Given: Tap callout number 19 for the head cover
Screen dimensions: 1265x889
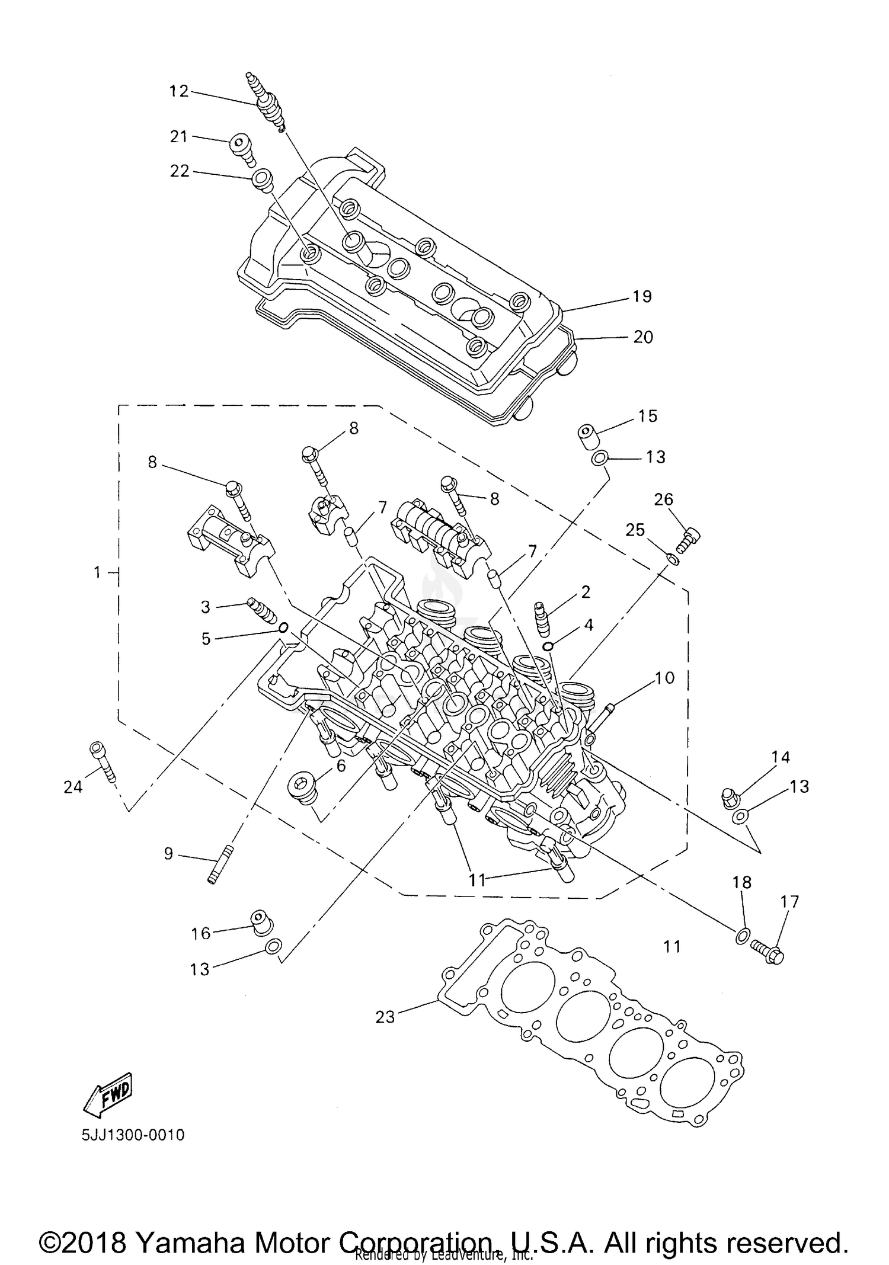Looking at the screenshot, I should [642, 296].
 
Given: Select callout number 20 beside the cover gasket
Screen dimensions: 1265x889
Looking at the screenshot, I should [643, 337].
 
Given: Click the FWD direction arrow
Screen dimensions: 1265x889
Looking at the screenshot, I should [108, 1091].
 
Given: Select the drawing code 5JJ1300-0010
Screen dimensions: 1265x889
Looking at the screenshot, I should [133, 1135].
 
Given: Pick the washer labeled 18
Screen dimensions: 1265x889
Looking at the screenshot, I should [741, 936].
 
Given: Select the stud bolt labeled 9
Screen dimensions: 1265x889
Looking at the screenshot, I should [220, 865].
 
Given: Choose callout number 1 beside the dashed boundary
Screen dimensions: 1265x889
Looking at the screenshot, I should [98, 572].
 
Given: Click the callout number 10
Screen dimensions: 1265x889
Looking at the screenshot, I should [665, 678].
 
